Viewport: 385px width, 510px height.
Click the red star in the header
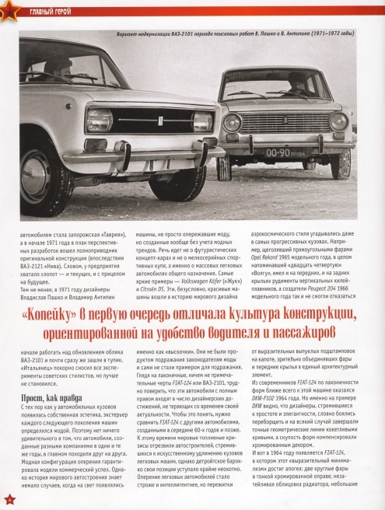click(9, 10)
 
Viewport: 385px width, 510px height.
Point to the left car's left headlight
click(100, 121)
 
